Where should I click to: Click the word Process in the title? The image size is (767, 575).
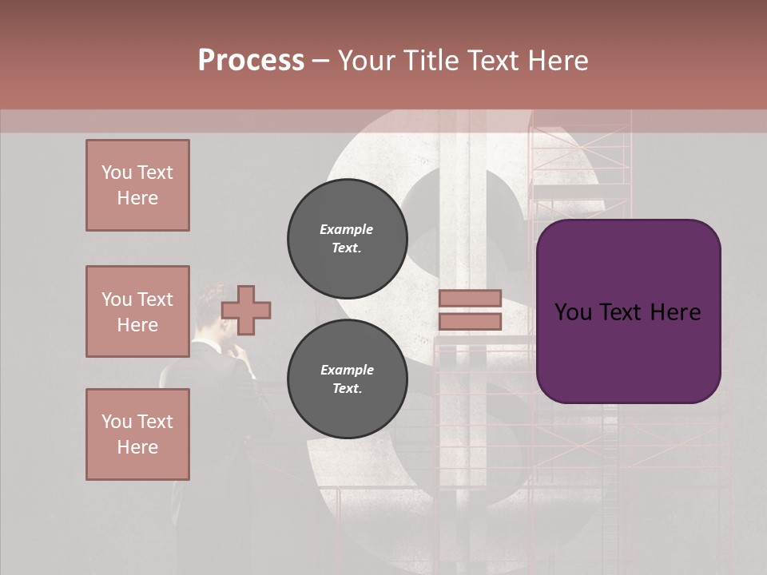(x=251, y=61)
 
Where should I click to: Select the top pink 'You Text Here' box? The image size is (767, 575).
(x=137, y=185)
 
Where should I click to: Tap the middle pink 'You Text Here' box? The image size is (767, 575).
(x=137, y=311)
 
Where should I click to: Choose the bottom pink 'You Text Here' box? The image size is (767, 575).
(x=137, y=434)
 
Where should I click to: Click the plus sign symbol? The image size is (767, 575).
(x=246, y=310)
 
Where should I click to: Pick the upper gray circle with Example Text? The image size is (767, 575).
(x=347, y=239)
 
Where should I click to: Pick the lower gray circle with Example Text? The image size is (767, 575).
(x=347, y=379)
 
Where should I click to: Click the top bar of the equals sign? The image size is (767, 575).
(x=470, y=299)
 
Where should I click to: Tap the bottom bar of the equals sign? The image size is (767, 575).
(x=470, y=322)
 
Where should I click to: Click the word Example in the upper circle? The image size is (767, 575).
(x=346, y=229)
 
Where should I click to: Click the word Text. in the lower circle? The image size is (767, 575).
(x=346, y=389)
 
